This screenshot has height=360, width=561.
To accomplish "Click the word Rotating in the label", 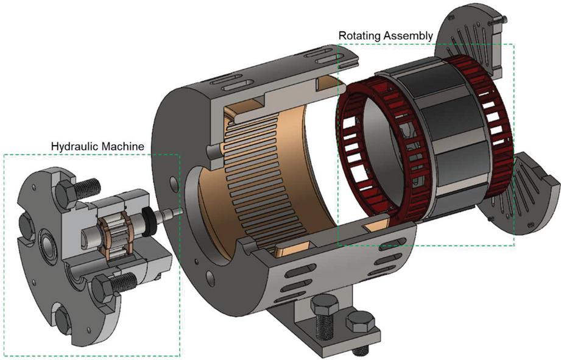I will click(x=359, y=35).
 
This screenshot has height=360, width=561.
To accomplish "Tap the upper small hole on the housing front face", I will click(x=176, y=181).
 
